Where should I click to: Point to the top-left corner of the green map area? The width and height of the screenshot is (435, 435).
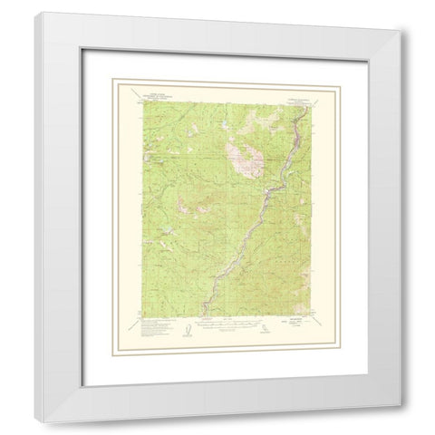(x=140, y=105)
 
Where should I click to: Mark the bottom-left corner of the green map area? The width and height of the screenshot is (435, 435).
(x=140, y=314)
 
